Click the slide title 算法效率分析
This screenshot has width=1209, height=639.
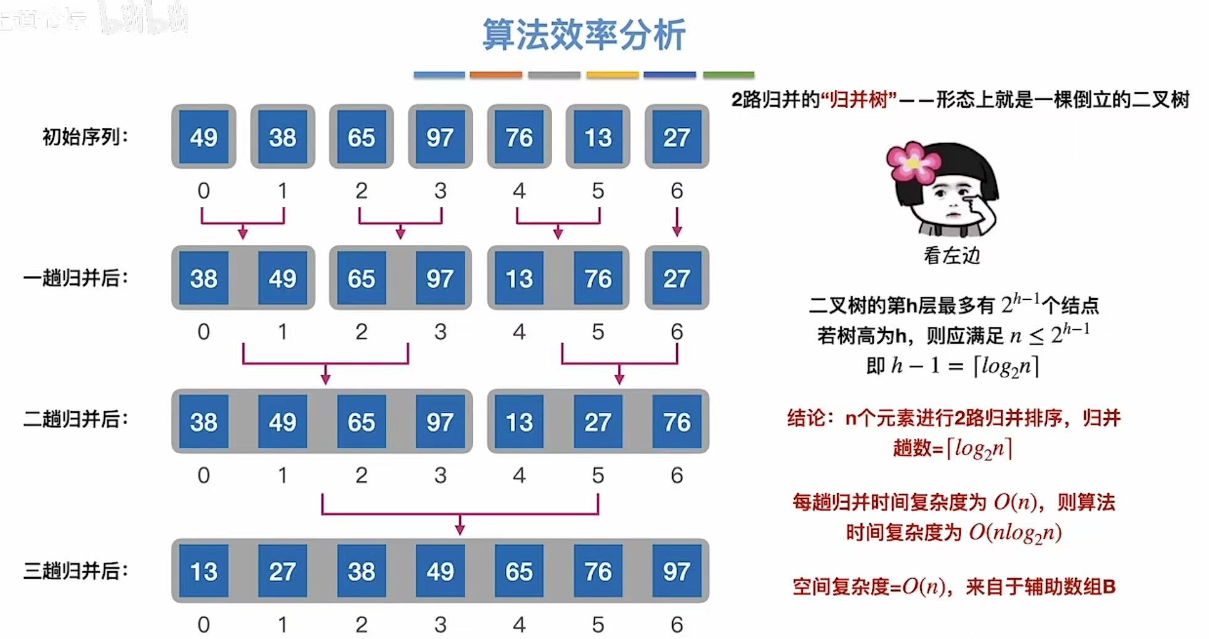click(x=583, y=35)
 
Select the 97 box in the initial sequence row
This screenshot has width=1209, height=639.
click(x=440, y=137)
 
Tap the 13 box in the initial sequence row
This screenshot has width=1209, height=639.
click(x=598, y=137)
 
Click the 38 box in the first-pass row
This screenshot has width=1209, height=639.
click(x=203, y=278)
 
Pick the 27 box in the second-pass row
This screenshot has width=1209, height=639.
click(x=598, y=422)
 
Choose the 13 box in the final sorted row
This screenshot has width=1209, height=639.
click(x=203, y=571)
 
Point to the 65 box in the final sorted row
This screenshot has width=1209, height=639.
click(x=519, y=571)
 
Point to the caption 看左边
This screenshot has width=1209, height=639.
click(x=951, y=255)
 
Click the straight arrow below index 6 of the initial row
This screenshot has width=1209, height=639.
click(x=677, y=222)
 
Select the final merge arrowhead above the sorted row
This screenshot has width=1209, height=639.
click(x=460, y=528)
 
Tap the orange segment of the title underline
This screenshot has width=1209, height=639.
click(x=495, y=74)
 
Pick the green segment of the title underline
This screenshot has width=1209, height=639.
click(x=728, y=74)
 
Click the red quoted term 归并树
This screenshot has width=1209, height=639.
click(x=859, y=99)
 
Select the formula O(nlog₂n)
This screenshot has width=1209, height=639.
click(x=1015, y=532)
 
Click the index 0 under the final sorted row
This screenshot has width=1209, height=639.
click(x=203, y=624)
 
